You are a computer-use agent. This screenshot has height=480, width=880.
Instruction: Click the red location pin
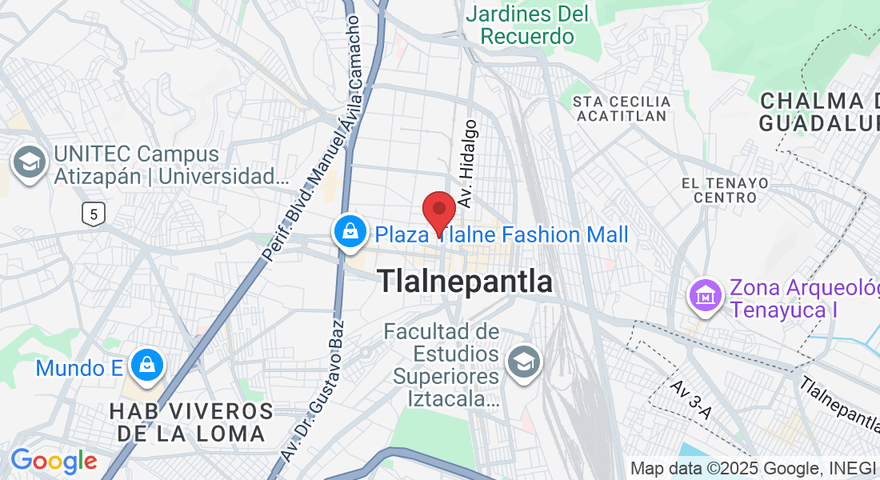click(439, 212)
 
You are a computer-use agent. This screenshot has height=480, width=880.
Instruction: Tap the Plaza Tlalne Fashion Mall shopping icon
click(350, 233)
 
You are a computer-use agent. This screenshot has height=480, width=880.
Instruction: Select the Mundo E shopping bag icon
click(146, 366)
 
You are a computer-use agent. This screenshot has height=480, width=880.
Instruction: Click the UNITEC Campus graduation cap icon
click(30, 162)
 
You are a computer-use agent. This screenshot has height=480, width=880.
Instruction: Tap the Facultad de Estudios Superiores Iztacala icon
click(525, 362)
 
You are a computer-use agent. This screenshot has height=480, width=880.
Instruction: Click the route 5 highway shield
click(94, 214)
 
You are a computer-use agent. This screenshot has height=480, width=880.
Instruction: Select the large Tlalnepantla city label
click(465, 281)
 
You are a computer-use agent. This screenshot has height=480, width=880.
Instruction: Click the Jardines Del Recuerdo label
click(528, 25)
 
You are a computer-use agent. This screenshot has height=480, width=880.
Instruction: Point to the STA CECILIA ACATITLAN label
click(622, 109)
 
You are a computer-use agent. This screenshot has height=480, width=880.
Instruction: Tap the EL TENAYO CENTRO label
click(725, 190)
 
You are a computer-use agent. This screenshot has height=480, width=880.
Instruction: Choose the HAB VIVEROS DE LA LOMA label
click(191, 423)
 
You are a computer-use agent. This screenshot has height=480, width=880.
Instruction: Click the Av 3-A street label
click(690, 401)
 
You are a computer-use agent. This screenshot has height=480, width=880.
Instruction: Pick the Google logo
click(54, 462)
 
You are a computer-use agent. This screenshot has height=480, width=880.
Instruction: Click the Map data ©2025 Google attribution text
click(752, 469)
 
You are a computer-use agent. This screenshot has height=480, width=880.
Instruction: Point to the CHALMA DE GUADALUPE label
click(819, 112)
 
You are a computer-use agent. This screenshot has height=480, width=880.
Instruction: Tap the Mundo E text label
click(79, 368)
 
